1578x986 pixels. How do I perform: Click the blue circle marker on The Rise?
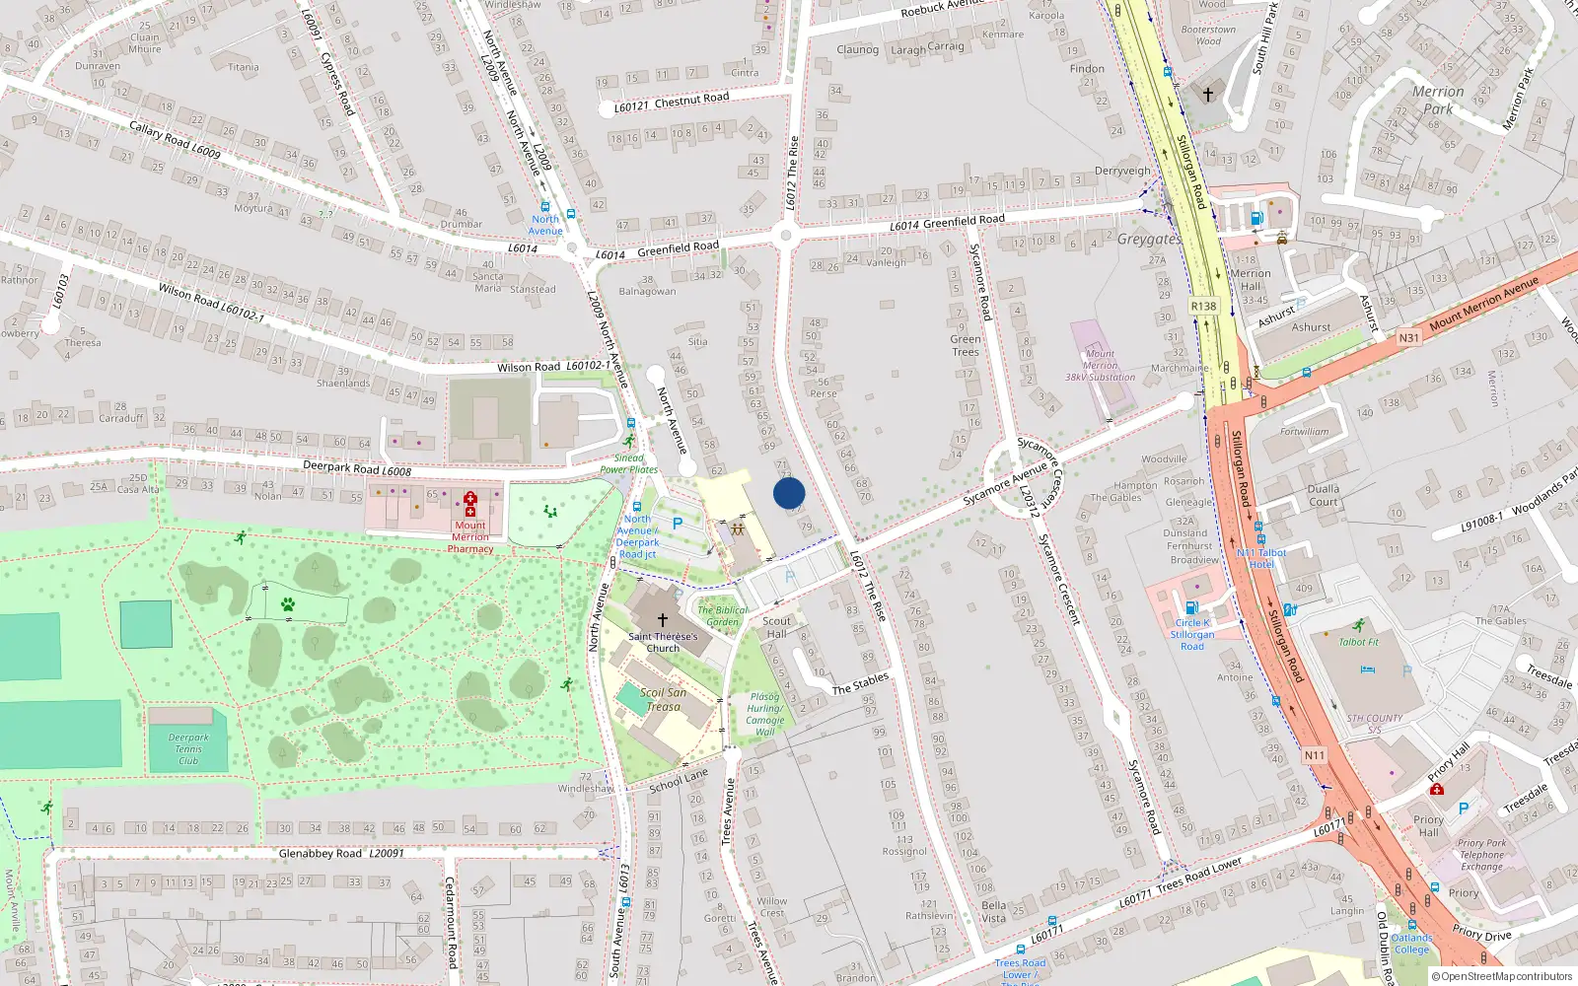[x=789, y=493]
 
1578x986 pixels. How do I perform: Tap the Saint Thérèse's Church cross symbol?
[x=663, y=620]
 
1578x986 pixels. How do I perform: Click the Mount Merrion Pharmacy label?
[x=470, y=537]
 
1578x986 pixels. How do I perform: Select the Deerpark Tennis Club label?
[x=188, y=749]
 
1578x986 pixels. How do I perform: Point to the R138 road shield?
[x=1203, y=306]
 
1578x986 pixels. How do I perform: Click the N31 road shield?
[x=1408, y=337]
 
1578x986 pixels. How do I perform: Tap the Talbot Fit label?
[x=1359, y=642]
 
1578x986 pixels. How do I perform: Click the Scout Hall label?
[x=777, y=627]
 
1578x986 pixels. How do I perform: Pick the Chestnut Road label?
[x=691, y=99]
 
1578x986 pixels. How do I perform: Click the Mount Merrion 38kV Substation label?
[x=1100, y=365]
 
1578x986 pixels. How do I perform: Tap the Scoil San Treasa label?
[x=663, y=699]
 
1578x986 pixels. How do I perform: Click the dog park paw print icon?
[x=287, y=604]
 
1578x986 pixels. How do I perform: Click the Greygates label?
[x=1149, y=239]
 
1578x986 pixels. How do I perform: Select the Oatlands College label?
[x=1411, y=944]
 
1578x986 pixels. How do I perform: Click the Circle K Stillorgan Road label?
[x=1192, y=634]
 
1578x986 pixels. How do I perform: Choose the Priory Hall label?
[x=1428, y=825]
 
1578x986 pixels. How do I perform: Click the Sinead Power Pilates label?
[x=629, y=463]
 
